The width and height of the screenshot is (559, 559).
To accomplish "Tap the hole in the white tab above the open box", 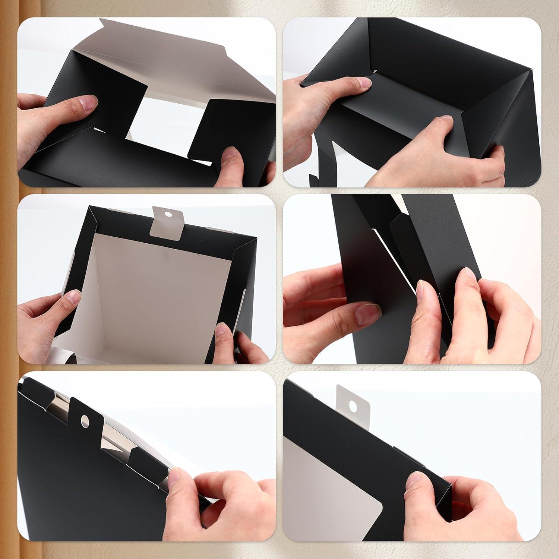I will tap(168, 215).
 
